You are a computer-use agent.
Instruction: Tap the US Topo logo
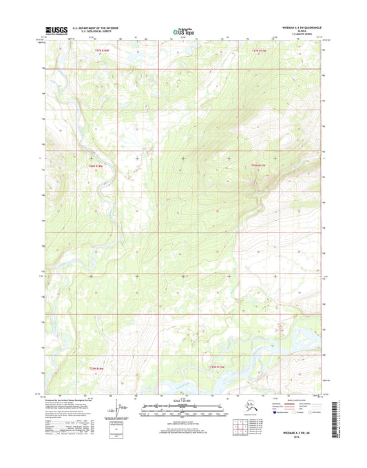pyautogui.click(x=183, y=30)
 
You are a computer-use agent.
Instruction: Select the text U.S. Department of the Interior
pyautogui.click(x=96, y=28)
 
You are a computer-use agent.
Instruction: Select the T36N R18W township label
pyautogui.click(x=99, y=165)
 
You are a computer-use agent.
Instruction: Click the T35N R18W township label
pyautogui.click(x=99, y=369)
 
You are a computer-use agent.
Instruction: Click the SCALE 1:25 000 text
pyautogui.click(x=183, y=400)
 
